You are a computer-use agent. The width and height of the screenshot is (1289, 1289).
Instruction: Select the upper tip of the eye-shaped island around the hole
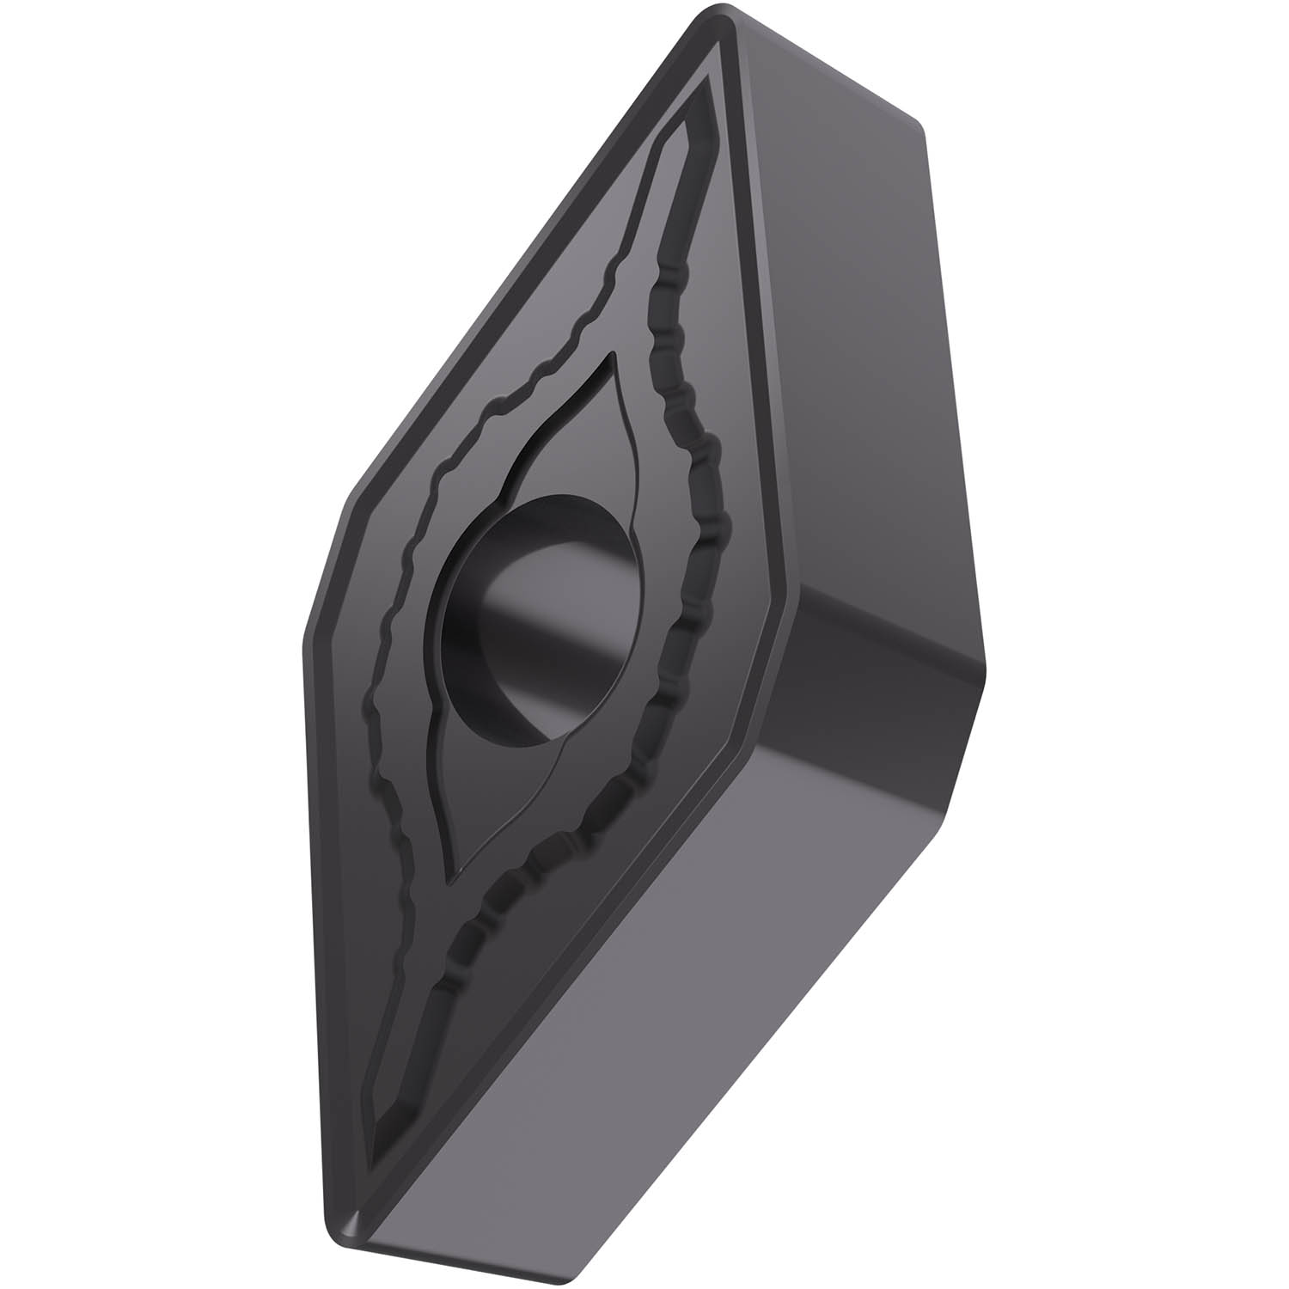612,357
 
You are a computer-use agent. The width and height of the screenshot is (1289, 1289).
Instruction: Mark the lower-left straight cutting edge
331,902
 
